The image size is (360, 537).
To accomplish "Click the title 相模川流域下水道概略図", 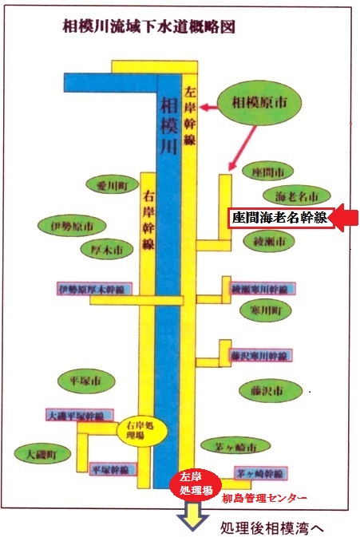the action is pyautogui.click(x=148, y=26).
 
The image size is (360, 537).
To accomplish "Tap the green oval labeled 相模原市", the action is pyautogui.click(x=259, y=102).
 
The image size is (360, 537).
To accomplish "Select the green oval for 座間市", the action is pyautogui.click(x=268, y=172).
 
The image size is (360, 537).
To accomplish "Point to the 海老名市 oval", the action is pyautogui.click(x=297, y=196).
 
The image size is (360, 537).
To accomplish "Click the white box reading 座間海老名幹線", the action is pyautogui.click(x=281, y=218).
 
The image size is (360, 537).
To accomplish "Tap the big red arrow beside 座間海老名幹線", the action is pyautogui.click(x=345, y=218).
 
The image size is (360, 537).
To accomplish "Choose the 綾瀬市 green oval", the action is pyautogui.click(x=269, y=241).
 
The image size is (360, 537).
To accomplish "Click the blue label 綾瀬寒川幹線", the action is pyautogui.click(x=263, y=289).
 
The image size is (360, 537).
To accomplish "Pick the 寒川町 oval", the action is pyautogui.click(x=266, y=310).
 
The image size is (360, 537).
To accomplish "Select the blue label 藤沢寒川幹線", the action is pyautogui.click(x=261, y=356).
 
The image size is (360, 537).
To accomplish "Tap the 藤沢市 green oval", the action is pyautogui.click(x=271, y=390).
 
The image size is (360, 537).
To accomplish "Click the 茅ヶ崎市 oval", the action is pyautogui.click(x=235, y=446).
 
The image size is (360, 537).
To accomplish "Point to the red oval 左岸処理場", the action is pyautogui.click(x=196, y=484).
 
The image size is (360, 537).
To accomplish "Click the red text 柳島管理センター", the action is pyautogui.click(x=264, y=498).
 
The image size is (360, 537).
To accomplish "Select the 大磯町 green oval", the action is pyautogui.click(x=42, y=454).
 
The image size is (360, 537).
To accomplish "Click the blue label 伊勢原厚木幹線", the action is pyautogui.click(x=94, y=289).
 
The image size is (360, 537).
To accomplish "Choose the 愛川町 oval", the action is pyautogui.click(x=113, y=185).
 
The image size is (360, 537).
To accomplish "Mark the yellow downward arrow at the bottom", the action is pyautogui.click(x=192, y=515).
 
